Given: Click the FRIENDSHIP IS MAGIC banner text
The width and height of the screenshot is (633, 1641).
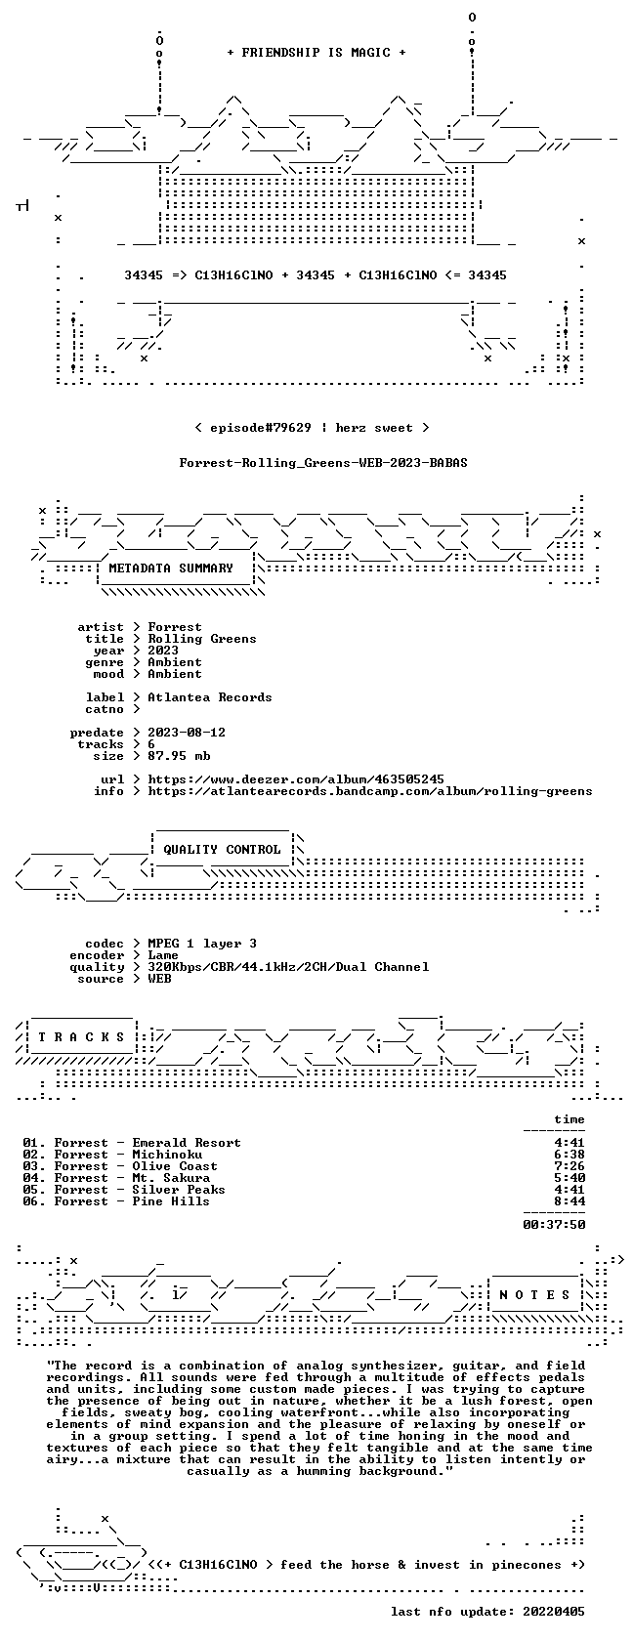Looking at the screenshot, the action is click(316, 53).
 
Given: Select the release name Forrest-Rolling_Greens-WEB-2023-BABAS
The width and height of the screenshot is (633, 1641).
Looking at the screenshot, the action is click(323, 463).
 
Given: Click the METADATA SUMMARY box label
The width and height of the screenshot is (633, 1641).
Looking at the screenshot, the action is click(171, 568).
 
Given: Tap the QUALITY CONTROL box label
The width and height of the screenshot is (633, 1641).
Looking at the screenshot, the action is click(222, 850).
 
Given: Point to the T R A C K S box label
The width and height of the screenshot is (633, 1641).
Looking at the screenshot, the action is click(81, 1037).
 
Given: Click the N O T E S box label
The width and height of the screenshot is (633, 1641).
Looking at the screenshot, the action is click(534, 1295).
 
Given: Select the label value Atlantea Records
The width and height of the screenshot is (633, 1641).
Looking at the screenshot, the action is click(209, 697).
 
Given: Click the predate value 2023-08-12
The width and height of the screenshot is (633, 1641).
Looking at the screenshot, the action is click(187, 733).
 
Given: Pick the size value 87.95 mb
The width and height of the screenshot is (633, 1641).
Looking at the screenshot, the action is click(179, 756).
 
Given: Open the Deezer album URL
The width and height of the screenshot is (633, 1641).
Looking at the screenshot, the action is click(296, 779).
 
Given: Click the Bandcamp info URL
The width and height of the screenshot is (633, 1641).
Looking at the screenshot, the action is click(370, 791).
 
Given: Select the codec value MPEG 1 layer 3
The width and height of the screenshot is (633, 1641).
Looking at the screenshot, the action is click(202, 944).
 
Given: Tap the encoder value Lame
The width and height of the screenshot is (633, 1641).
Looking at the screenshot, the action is click(163, 955).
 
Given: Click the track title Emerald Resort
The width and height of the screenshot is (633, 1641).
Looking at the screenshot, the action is click(186, 1143).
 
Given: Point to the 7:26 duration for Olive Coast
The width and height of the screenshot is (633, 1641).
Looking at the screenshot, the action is click(570, 1166).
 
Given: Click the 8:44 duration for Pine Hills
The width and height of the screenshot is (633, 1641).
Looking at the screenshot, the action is click(570, 1201).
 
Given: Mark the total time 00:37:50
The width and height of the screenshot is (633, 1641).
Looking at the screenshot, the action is click(554, 1225).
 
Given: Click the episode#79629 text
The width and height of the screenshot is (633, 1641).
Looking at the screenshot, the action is click(261, 428).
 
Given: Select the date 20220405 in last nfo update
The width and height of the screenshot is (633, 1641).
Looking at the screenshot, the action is click(554, 1612).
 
